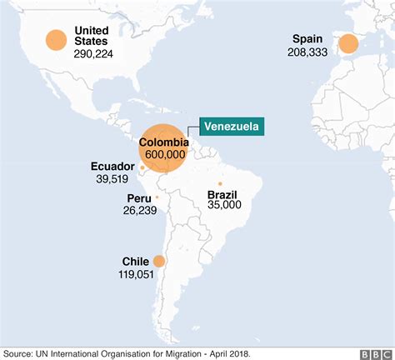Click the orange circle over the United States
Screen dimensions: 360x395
point(56,41)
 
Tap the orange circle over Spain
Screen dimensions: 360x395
point(347,43)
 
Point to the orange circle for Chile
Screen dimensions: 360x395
point(158,261)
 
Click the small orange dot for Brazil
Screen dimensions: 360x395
point(220,184)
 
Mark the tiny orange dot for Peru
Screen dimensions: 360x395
point(157,197)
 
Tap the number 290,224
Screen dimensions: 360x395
point(97,52)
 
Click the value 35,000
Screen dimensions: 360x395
point(225,204)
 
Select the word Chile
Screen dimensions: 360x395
point(135,260)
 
